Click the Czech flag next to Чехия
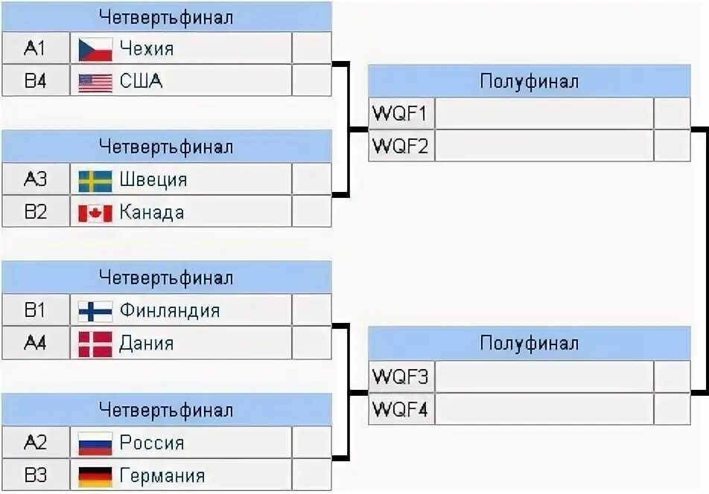95,49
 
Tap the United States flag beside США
95,82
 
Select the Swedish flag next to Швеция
95,180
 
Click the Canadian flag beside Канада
95,214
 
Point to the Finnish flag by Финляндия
95,311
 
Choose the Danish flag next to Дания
95,344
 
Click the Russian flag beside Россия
95,443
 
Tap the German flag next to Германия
95,476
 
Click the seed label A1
35,49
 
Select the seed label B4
35,82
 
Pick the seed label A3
35,180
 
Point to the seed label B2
35,213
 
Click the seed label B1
35,311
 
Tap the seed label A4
35,344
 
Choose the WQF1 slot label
400,114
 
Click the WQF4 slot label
400,409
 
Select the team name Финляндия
170,311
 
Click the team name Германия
162,476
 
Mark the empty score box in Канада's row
311,213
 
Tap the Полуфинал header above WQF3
529,344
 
